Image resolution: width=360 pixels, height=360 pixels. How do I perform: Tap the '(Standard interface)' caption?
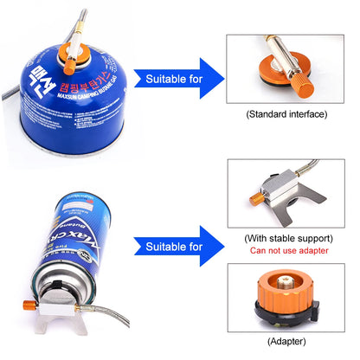(x=286, y=114)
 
